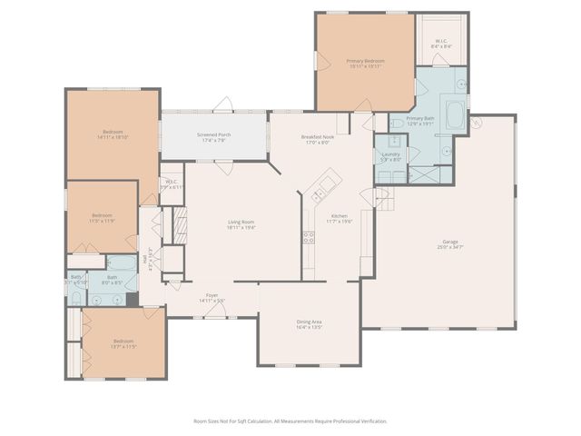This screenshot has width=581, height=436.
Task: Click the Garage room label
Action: [x=450, y=243]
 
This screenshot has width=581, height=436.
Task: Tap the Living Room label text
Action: [x=241, y=224]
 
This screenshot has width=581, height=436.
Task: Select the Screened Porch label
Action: [x=213, y=137]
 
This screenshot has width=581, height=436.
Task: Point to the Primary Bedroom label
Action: [x=364, y=64]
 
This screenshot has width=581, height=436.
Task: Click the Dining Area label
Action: [x=310, y=324]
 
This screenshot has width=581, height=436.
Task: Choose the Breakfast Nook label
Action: [x=319, y=139]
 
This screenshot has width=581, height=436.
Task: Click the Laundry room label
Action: [x=391, y=156]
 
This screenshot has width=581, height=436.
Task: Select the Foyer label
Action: [x=212, y=297]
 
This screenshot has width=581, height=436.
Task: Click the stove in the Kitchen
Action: [x=309, y=238]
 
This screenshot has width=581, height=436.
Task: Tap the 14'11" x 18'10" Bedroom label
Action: [x=113, y=134]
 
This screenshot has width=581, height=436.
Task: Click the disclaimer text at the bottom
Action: [x=290, y=421]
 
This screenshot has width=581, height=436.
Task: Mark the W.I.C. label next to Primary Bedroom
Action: [x=441, y=43]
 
